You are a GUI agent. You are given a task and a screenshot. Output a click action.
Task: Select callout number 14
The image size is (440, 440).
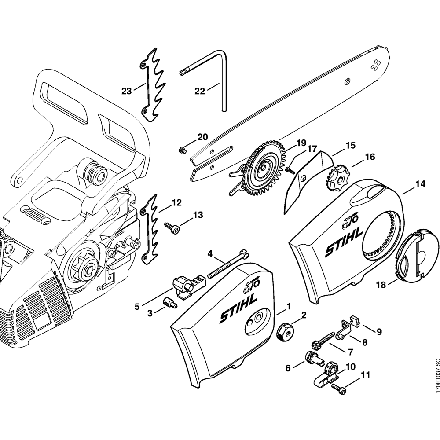[x=420, y=184]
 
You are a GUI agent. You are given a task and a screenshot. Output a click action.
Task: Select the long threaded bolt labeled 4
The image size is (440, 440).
[x=225, y=264]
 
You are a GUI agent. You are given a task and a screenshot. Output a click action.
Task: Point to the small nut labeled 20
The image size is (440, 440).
[x=181, y=150]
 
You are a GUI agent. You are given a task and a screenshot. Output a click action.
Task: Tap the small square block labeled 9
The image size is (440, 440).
[x=355, y=321]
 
